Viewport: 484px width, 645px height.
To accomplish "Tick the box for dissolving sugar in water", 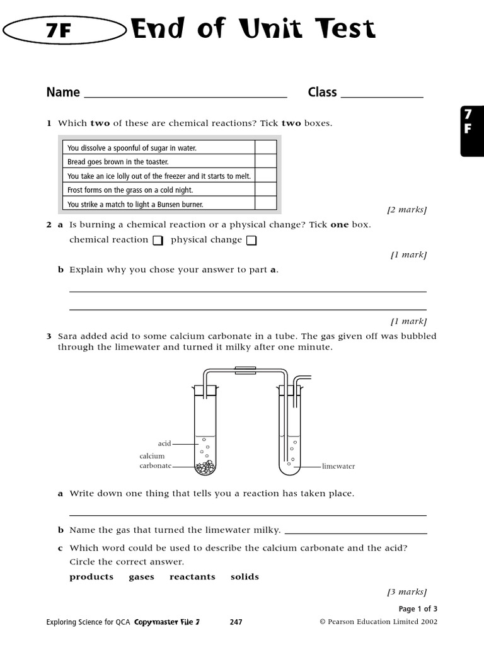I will click(265, 147).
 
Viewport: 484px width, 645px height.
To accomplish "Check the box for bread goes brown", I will click(265, 161).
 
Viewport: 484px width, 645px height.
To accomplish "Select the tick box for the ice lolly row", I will click(265, 176).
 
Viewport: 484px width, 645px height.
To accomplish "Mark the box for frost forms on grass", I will click(265, 190).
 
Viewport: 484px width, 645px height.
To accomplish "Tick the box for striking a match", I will click(265, 203).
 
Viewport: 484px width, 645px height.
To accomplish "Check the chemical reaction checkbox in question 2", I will click(158, 240).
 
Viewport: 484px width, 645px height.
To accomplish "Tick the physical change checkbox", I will click(251, 240).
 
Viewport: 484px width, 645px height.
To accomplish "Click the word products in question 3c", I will click(91, 577).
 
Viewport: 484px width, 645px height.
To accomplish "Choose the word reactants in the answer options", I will click(192, 577).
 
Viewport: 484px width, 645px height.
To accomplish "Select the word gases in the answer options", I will click(141, 577).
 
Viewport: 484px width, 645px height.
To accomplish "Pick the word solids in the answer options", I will click(245, 577).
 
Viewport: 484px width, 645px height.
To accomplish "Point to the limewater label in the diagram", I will click(338, 467).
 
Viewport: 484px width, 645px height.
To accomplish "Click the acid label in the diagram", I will click(164, 443).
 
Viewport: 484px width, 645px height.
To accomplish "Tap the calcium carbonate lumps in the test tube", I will click(205, 467).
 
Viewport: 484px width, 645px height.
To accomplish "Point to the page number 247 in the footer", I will click(236, 622).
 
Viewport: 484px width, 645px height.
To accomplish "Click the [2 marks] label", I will click(406, 210).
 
